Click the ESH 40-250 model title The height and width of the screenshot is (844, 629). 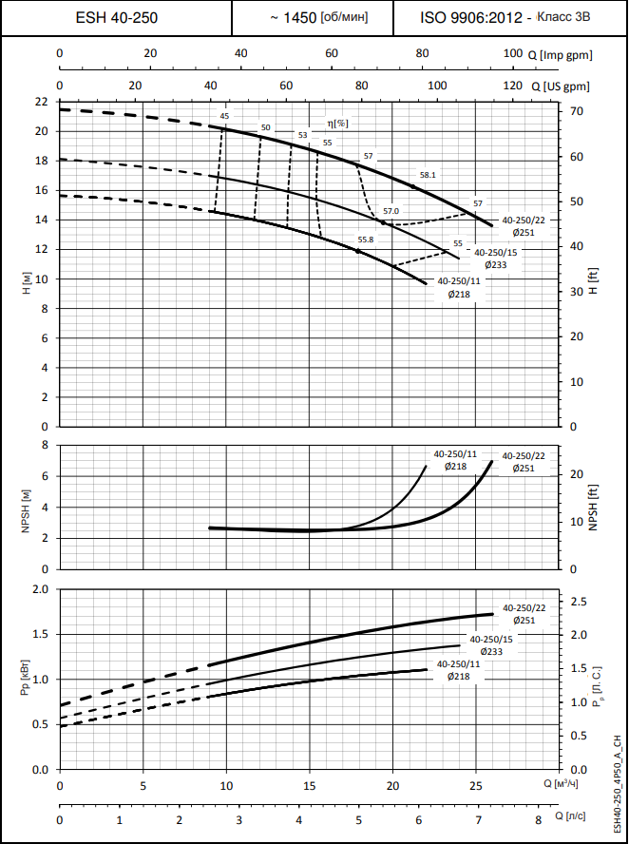(x=116, y=17)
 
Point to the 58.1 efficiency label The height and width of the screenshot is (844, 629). (x=428, y=175)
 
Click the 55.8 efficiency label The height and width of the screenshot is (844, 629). (x=366, y=240)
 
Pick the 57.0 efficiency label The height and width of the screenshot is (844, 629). (x=391, y=211)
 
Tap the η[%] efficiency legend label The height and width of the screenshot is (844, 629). (x=337, y=123)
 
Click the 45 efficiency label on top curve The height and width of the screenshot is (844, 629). (x=224, y=116)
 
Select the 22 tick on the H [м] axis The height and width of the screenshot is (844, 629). (x=40, y=101)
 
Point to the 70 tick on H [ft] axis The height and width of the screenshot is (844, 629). (x=577, y=111)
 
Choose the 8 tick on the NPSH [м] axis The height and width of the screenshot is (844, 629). (x=44, y=445)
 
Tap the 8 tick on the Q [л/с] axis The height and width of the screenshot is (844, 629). (x=538, y=819)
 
